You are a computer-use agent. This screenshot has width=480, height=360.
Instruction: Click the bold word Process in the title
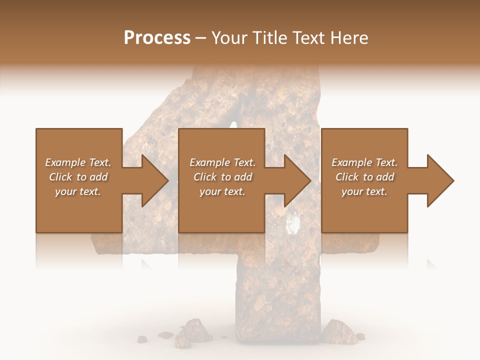(157, 38)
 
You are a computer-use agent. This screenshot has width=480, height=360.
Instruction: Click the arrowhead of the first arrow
(155, 180)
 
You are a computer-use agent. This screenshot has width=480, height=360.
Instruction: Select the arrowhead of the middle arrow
(297, 180)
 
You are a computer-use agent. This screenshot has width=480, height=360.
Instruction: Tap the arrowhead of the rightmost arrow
(440, 180)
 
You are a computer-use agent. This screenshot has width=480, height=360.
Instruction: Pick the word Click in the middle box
(205, 177)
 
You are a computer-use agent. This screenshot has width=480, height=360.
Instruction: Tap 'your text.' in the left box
(78, 191)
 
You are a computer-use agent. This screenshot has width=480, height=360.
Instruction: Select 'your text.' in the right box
(364, 191)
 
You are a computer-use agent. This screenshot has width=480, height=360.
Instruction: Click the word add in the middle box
(243, 177)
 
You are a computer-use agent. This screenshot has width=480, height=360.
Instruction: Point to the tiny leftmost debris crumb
(142, 339)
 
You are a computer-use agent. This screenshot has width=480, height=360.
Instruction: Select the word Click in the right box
(347, 177)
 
